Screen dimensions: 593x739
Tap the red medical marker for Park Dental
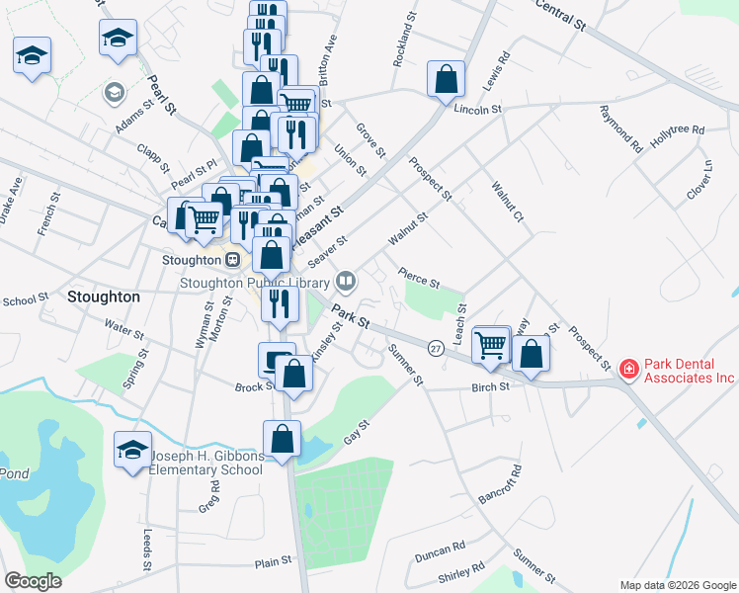pyautogui.click(x=627, y=369)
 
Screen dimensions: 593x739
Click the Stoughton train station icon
pyautogui.click(x=232, y=260)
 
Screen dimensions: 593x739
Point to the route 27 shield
pyautogui.click(x=435, y=348)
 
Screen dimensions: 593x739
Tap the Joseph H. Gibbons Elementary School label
pyautogui.click(x=205, y=463)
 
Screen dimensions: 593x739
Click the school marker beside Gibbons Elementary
pyautogui.click(x=132, y=452)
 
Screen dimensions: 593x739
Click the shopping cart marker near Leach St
pyautogui.click(x=491, y=344)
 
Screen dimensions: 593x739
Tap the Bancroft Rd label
pyautogui.click(x=498, y=480)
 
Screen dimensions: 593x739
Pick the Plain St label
pyautogui.click(x=274, y=560)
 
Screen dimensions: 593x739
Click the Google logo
pyautogui.click(x=34, y=581)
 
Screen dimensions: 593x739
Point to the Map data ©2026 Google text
pyautogui.click(x=678, y=585)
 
